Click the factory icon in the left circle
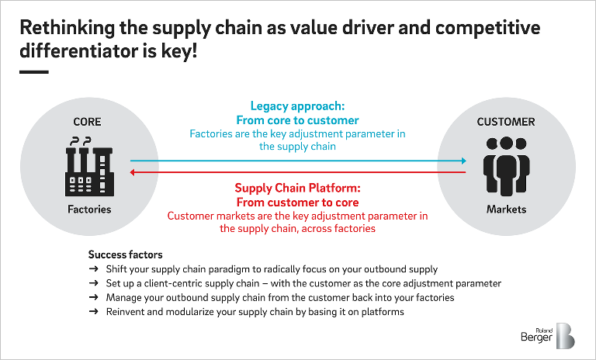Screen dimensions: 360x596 coord(87,166)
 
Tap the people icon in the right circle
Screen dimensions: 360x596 coord(506,166)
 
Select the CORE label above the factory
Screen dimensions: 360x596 coord(87,122)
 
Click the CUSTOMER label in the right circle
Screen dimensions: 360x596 coord(506,122)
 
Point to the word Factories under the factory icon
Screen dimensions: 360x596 coord(87,209)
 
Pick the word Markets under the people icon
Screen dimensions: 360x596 coord(506,209)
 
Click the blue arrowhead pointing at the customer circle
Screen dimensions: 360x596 coord(463,161)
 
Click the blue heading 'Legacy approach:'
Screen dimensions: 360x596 coord(297,106)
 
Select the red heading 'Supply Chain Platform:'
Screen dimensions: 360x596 coord(297,188)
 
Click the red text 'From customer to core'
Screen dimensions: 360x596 coord(297,202)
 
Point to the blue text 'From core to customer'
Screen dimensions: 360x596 coord(297,120)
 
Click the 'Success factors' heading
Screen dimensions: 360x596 coord(125,254)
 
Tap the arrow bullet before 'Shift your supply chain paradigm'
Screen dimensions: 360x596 coord(94,269)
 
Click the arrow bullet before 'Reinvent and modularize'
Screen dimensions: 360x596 coord(94,311)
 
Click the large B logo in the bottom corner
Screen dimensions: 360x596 coord(564,335)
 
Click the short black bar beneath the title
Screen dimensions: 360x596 coord(33,72)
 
